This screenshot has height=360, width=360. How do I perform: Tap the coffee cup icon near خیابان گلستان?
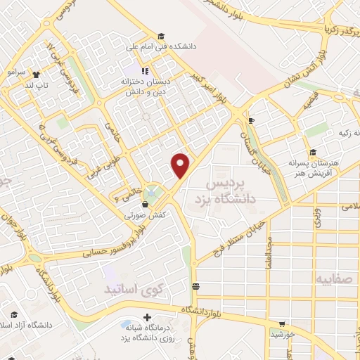click(x=250, y=120)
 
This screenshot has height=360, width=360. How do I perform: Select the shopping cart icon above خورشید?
click(x=282, y=324)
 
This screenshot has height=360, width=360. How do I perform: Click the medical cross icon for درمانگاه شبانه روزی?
click(x=124, y=325)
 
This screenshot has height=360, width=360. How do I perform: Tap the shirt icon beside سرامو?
click(x=36, y=72)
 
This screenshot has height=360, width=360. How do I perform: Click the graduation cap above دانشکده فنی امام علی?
click(x=161, y=36)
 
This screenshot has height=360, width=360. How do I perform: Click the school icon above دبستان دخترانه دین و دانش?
click(x=146, y=70)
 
